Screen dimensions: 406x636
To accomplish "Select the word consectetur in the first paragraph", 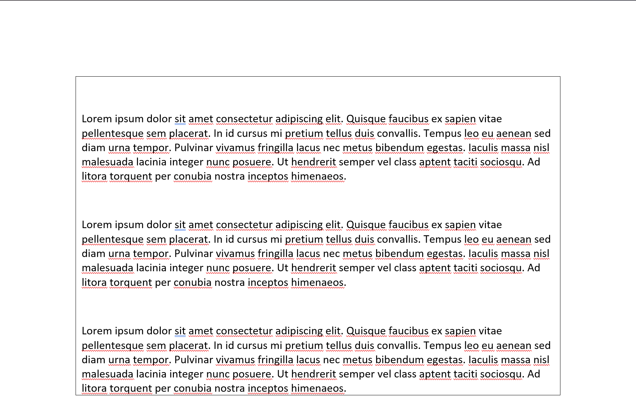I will coord(244,119).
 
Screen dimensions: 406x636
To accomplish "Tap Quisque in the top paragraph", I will coord(366,119).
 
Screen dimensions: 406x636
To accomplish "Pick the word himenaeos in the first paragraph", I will coord(318,176).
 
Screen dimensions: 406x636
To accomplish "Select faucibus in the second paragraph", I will coord(408,225).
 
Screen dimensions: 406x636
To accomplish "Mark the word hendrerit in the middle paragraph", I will coord(313,268).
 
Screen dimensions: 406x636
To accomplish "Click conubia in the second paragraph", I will coord(193,283).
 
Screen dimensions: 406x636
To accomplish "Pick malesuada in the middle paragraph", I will coord(108,268).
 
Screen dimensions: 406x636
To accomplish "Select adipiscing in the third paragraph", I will coord(299,331).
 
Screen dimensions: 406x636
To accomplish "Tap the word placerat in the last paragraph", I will coord(188,346).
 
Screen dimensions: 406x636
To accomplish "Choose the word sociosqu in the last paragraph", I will coord(501,374).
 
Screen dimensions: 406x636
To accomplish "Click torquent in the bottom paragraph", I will coord(131,389).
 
